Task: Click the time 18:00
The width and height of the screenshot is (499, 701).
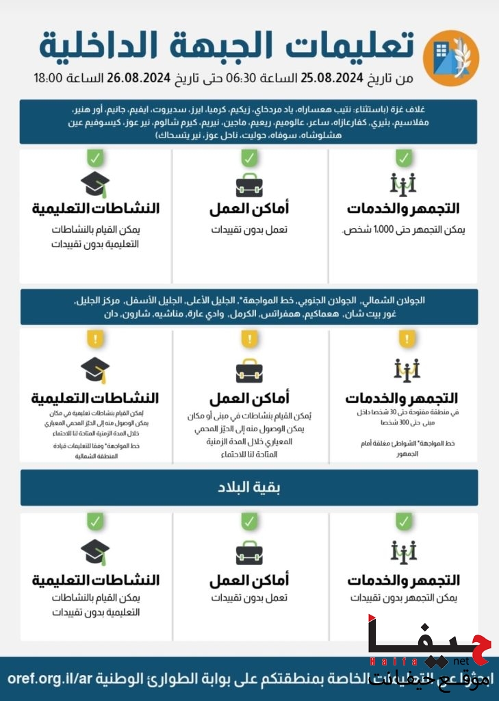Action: (49, 78)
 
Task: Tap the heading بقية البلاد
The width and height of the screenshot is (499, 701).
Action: (249, 488)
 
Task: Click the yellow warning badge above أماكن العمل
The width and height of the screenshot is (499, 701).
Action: (249, 339)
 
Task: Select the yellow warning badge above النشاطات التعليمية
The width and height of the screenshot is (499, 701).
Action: (94, 338)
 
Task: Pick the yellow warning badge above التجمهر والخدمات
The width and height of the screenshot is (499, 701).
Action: (407, 339)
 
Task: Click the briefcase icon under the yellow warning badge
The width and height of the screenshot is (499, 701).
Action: (249, 370)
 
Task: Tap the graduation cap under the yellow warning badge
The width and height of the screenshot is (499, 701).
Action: (95, 370)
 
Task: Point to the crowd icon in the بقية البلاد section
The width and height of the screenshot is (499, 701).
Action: (404, 551)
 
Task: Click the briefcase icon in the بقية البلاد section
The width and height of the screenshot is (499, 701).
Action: (249, 552)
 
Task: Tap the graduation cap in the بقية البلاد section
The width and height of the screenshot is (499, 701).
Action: (95, 551)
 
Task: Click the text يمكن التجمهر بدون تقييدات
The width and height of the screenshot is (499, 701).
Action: (404, 598)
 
